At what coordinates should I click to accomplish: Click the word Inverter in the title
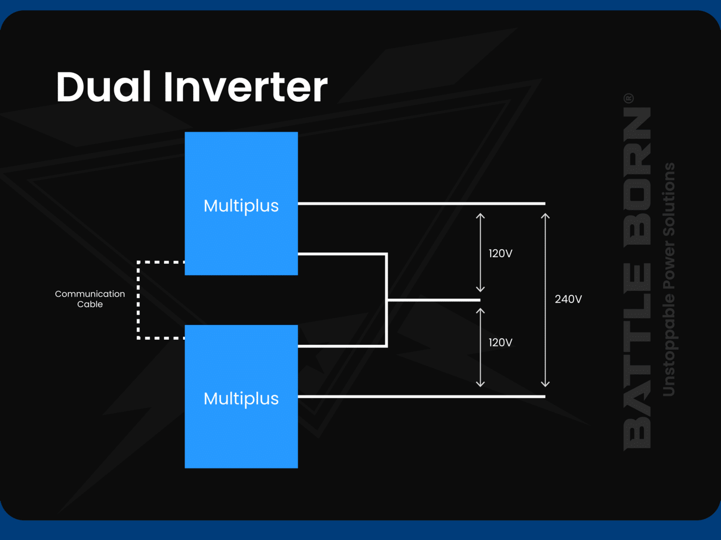(246, 87)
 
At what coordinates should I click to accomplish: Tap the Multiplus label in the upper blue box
(241, 206)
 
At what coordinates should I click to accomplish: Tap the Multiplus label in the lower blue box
(241, 399)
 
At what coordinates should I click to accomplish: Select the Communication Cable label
(90, 299)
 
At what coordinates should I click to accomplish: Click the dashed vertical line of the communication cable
(139, 300)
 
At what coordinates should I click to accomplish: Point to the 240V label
(568, 299)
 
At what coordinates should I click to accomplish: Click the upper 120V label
(500, 254)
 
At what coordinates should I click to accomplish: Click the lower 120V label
(500, 343)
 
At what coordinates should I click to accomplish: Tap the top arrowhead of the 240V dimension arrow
(545, 216)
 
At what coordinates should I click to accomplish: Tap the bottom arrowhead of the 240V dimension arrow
(545, 384)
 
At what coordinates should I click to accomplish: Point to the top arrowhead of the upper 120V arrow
(480, 216)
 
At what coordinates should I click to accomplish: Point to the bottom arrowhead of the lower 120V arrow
(480, 384)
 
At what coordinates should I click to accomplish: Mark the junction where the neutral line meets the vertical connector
(387, 300)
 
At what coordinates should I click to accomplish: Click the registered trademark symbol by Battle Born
(629, 98)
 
